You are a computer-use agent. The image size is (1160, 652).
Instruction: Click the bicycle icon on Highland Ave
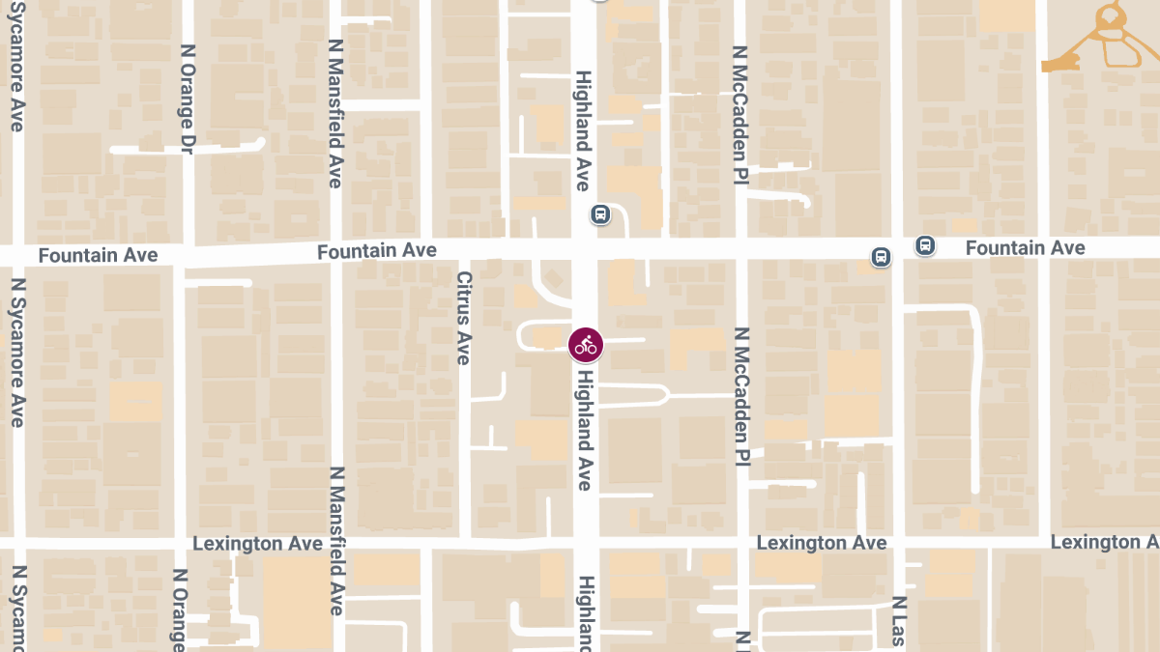click(585, 344)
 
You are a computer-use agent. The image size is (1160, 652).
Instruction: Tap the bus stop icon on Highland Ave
click(600, 213)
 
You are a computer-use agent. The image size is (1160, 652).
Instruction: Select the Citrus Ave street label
click(463, 317)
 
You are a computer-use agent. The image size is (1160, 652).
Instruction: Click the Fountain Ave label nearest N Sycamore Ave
click(98, 255)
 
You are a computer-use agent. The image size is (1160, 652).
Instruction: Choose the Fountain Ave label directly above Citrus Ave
click(377, 251)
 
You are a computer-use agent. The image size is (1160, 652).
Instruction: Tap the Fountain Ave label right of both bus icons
click(1025, 248)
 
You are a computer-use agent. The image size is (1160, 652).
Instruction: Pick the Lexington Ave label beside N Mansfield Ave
click(257, 544)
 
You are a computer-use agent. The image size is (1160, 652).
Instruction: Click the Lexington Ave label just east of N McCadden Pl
click(821, 543)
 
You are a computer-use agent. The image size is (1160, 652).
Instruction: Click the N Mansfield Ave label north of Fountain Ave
click(335, 113)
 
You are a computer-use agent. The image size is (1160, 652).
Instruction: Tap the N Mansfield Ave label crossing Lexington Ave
click(335, 541)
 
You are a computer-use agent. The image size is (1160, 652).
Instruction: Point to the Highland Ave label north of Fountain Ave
click(583, 124)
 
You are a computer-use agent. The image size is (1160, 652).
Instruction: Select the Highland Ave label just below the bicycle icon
click(584, 433)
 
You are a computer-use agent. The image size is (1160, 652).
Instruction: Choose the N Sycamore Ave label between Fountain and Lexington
click(16, 353)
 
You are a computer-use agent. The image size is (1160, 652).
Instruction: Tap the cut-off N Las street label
click(898, 620)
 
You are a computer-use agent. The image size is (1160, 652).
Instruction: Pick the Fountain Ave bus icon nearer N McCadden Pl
click(881, 257)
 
